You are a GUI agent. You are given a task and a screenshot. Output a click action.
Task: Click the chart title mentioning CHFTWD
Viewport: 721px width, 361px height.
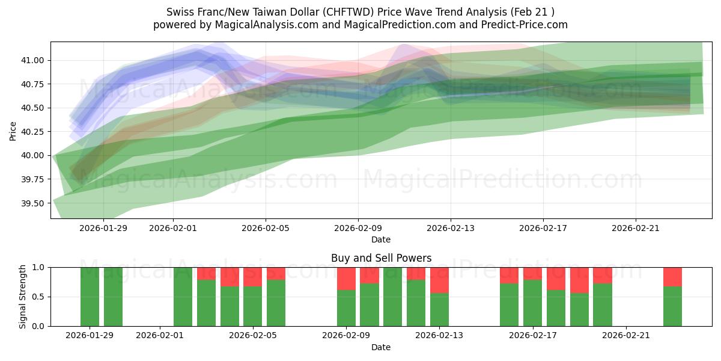point(360,12)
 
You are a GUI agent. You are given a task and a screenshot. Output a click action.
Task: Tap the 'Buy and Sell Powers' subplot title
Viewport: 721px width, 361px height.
point(381,258)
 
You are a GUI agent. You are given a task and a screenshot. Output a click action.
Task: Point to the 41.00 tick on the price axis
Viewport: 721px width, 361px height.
point(34,60)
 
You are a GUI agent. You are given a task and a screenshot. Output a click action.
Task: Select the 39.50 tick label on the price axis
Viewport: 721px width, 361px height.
point(34,203)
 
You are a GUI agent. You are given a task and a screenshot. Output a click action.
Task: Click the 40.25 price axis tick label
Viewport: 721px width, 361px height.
point(34,132)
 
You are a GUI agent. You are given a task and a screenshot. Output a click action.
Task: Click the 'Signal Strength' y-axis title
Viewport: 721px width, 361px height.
point(22,297)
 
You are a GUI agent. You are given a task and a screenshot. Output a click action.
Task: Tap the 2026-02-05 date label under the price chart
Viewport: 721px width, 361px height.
point(266,228)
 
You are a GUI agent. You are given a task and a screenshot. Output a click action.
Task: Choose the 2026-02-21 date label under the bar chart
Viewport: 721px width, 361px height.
point(626,336)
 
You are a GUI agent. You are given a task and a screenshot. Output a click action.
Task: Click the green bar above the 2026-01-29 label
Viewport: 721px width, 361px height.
point(90,297)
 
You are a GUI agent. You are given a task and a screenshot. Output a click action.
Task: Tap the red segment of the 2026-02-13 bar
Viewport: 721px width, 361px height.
point(439,280)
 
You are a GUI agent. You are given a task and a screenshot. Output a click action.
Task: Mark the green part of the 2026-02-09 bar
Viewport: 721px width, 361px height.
point(346,308)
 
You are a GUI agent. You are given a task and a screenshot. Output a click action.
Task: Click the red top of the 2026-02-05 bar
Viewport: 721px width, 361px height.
point(253,277)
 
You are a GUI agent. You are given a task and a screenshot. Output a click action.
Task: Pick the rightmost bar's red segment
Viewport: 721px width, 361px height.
point(672,277)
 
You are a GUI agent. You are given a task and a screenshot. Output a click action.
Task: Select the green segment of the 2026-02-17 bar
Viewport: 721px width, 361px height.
point(532,303)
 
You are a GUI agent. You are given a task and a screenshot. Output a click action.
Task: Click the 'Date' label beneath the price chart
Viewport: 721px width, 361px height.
point(381,239)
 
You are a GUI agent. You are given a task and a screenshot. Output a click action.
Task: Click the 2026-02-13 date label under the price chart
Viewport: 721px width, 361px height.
point(451,228)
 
